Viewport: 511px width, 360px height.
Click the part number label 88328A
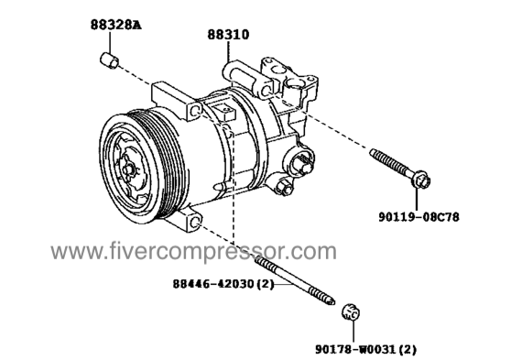(115, 25)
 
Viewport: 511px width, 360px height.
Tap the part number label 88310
(228, 35)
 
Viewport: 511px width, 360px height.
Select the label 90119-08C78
(419, 216)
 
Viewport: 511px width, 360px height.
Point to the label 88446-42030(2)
(223, 284)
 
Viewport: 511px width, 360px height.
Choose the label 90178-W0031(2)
(365, 349)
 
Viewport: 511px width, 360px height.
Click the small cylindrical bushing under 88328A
(110, 60)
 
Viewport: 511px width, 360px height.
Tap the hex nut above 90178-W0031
(352, 312)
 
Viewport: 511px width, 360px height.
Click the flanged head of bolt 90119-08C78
(420, 180)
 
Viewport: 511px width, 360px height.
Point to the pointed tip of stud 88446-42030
(333, 303)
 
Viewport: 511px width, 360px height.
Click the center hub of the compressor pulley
(128, 169)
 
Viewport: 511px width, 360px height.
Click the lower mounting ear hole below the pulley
(195, 223)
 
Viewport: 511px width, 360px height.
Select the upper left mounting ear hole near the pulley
(196, 111)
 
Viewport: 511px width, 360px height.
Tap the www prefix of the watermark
(75, 253)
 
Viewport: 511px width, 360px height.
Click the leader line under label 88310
(228, 51)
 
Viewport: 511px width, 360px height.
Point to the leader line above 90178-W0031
(353, 332)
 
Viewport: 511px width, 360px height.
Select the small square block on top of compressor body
(223, 111)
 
